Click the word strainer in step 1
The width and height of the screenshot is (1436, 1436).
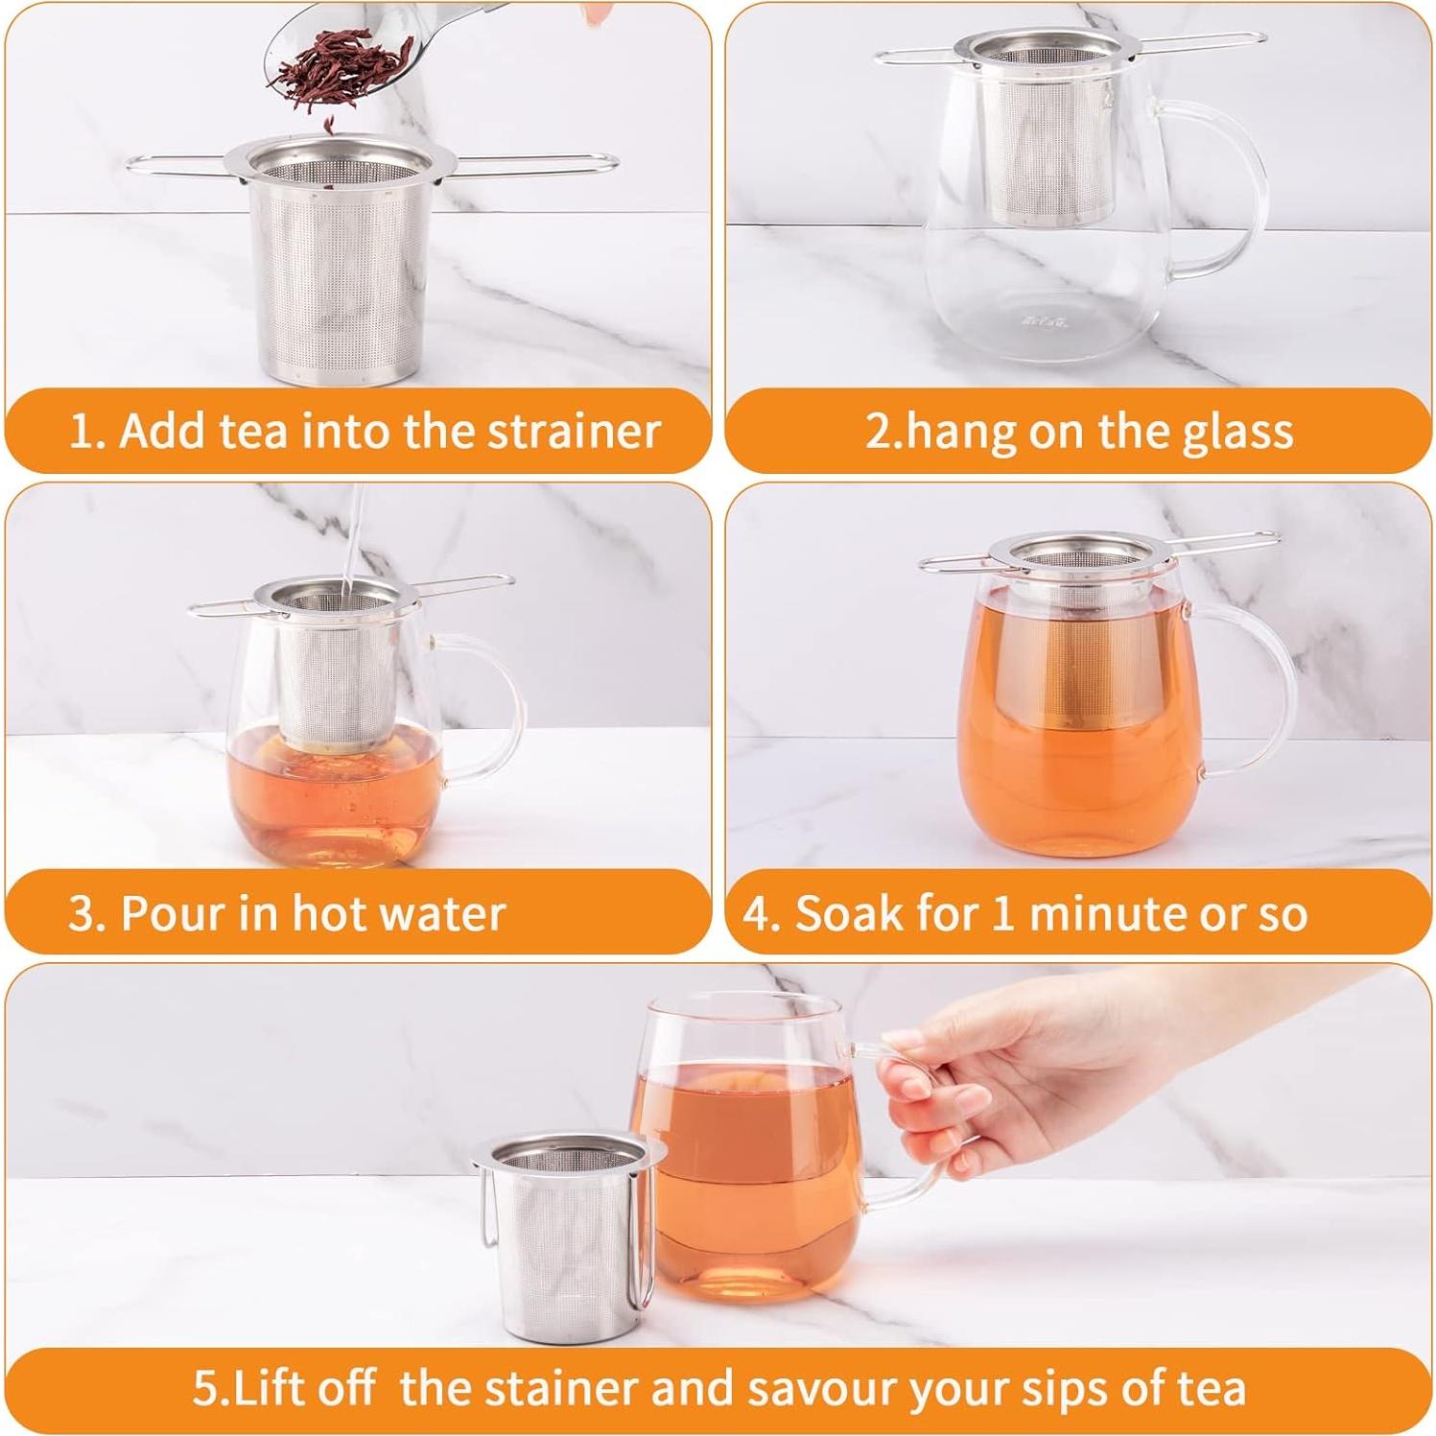[x=574, y=431]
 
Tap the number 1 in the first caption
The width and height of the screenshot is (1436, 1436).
[x=82, y=432]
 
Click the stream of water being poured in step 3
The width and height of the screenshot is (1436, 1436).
[x=350, y=537]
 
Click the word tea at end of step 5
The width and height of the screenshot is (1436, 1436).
[x=1212, y=1388]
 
